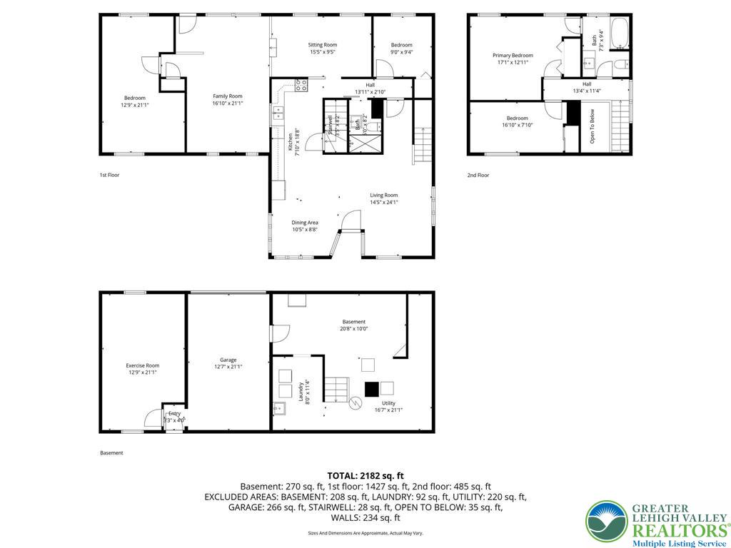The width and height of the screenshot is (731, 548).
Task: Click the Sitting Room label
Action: [323, 48]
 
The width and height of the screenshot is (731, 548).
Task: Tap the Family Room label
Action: [228, 100]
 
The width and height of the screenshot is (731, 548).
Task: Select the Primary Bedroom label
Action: [513, 59]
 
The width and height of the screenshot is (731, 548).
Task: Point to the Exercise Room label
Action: [143, 368]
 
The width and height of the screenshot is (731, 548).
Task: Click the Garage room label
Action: [228, 363]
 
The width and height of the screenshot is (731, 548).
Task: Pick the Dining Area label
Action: [305, 225]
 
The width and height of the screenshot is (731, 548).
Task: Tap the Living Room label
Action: [383, 198]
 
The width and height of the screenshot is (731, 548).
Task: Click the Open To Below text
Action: [592, 126]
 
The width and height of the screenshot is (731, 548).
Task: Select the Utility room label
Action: [388, 406]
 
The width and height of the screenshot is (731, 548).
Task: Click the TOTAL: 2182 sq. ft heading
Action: [365, 475]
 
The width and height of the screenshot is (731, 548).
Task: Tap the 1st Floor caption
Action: [109, 174]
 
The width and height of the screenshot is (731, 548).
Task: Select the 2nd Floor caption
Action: [478, 175]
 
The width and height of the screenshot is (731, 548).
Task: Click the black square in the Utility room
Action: [371, 389]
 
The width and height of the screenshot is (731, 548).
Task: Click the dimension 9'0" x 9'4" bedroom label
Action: [401, 49]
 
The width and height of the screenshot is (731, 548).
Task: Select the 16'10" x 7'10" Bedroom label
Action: [517, 121]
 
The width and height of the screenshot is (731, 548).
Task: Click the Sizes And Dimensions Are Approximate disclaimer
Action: [365, 533]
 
